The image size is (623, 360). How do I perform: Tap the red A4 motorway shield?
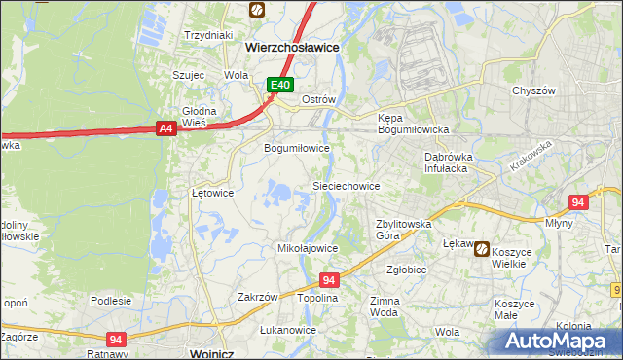pos(165,127)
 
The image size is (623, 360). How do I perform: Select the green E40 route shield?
pos(280,86)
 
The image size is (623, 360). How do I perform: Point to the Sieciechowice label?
pos(346,185)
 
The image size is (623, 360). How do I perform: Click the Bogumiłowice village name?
pos(298,148)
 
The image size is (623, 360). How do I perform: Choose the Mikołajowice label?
pos(308,248)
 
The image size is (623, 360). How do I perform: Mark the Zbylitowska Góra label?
pos(404,229)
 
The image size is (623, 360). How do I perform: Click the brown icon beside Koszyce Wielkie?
pos(482,250)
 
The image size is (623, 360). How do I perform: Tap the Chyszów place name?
pos(533,90)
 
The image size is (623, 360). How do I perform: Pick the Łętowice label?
pos(212,193)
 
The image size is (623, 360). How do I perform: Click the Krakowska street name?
pos(529,156)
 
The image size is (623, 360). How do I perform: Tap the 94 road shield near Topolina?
pos(329,280)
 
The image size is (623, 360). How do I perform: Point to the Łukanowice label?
pos(288,330)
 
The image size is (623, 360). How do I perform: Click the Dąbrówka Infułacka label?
pos(447,162)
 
